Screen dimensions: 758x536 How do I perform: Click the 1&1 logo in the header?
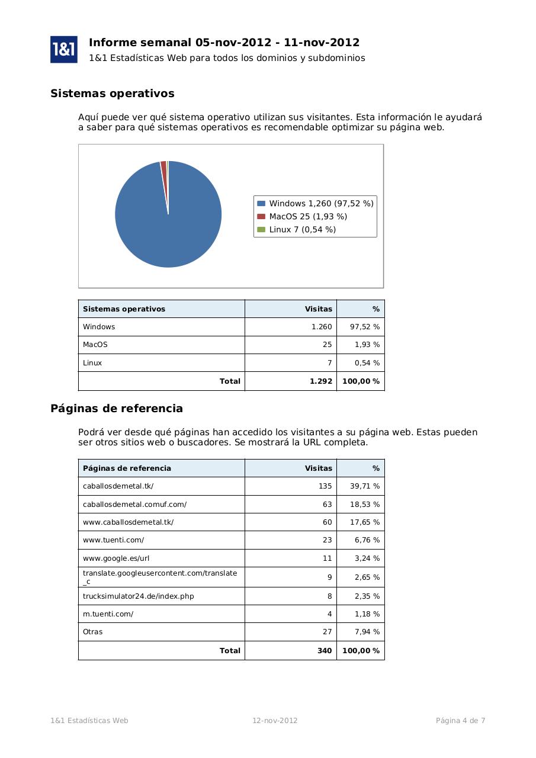[x=64, y=49]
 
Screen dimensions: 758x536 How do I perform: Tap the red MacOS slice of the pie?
[x=164, y=172]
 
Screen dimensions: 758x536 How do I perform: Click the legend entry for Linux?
[x=302, y=230]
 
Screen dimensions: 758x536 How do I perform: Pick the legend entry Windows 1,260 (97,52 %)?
[x=320, y=204]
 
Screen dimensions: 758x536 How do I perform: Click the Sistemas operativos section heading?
[x=113, y=94]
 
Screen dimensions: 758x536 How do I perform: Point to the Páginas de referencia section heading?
[x=117, y=409]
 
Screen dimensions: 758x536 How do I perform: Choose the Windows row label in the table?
[x=99, y=327]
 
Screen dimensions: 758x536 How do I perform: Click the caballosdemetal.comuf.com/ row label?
[x=134, y=505]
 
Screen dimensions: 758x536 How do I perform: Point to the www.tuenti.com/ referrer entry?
[x=113, y=540]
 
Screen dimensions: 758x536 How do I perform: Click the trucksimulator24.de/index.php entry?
[x=138, y=596]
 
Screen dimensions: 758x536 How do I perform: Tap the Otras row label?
[x=92, y=632]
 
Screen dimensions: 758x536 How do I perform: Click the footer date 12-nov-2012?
[x=275, y=721]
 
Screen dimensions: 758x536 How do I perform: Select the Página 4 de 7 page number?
[x=460, y=721]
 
